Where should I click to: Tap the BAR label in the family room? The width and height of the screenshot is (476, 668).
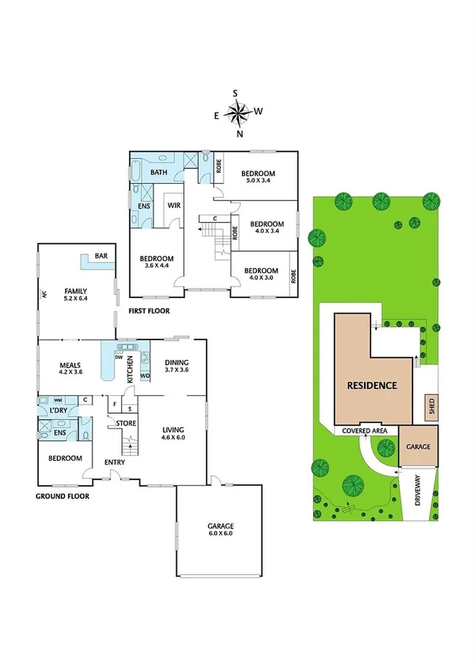pyautogui.click(x=101, y=256)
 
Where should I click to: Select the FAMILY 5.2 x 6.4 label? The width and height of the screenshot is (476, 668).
pyautogui.click(x=76, y=294)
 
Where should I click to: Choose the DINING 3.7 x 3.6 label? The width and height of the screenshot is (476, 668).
pyautogui.click(x=176, y=366)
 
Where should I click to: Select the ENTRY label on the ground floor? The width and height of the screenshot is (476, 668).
pyautogui.click(x=114, y=462)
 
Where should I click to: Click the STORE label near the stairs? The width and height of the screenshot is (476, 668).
pyautogui.click(x=126, y=423)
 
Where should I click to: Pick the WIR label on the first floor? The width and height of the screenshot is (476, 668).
pyautogui.click(x=174, y=206)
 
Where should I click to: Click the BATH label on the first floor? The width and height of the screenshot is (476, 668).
pyautogui.click(x=159, y=172)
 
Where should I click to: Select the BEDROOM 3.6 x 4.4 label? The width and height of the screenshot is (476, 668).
pyautogui.click(x=157, y=262)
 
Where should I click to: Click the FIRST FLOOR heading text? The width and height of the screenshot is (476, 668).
pyautogui.click(x=148, y=311)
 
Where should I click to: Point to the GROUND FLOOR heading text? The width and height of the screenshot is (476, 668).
pyautogui.click(x=63, y=496)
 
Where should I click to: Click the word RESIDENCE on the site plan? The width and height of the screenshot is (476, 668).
pyautogui.click(x=372, y=386)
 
